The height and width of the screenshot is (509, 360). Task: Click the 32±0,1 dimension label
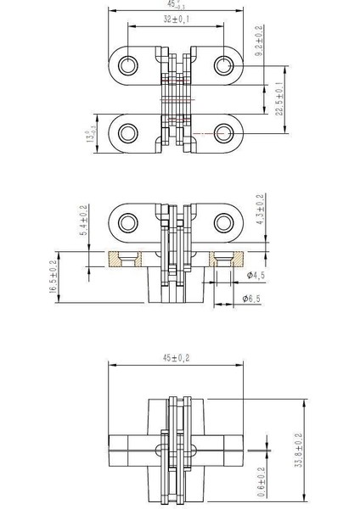click(176, 19)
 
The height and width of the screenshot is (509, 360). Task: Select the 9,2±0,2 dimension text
click(258, 41)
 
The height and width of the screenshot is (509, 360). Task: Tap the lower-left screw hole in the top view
click(129, 132)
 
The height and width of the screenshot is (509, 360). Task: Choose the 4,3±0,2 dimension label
click(258, 213)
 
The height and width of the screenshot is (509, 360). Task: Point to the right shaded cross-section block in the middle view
click(228, 257)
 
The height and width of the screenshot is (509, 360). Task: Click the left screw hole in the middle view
click(129, 222)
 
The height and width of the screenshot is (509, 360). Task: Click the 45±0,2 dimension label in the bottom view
click(175, 359)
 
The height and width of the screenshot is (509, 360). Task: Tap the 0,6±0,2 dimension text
click(260, 479)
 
